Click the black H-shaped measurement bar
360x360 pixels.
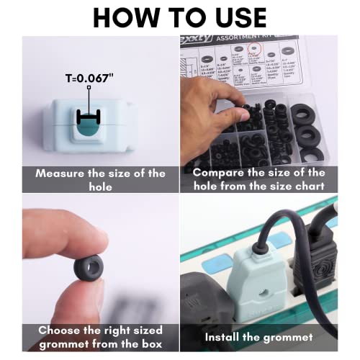(x=88, y=117)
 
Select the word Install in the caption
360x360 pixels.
(x=230, y=336)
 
